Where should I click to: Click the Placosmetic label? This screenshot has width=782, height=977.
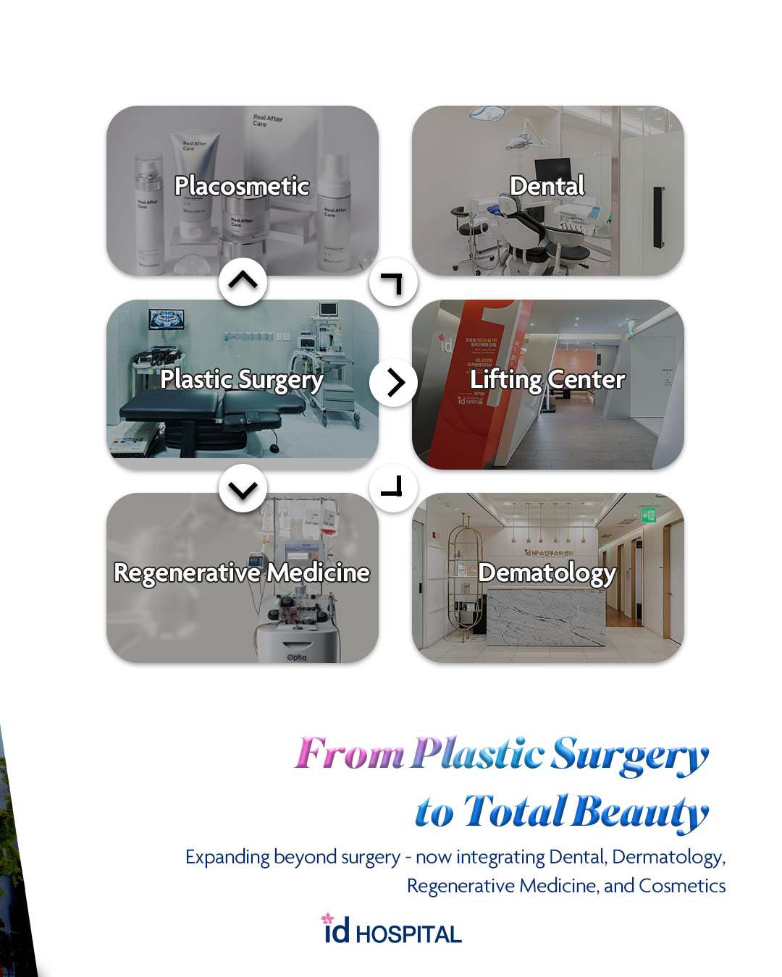[242, 186]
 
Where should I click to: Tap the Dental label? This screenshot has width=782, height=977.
[547, 186]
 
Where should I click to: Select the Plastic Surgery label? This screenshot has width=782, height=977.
[242, 379]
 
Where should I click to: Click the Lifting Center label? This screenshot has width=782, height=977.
[547, 379]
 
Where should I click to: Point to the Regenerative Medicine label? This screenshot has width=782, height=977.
[242, 572]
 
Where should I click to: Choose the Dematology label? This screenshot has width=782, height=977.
[547, 572]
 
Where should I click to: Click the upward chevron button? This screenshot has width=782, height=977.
[243, 282]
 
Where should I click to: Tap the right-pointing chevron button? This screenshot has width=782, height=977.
[394, 382]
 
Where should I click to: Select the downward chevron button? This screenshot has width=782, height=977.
[243, 488]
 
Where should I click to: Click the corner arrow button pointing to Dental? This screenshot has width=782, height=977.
[393, 282]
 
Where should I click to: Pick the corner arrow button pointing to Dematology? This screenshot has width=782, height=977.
[393, 487]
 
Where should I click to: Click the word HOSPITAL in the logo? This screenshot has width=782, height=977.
[408, 934]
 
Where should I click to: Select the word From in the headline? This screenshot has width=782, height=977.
[349, 754]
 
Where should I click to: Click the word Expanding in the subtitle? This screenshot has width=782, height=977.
[227, 857]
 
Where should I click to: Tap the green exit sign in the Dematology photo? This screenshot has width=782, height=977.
[648, 515]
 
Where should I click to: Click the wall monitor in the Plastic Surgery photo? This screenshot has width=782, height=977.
[167, 319]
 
